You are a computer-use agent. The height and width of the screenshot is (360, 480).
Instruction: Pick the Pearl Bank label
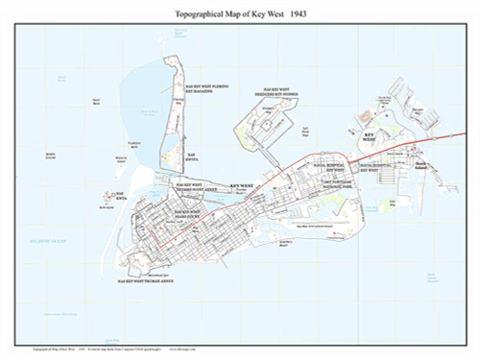tap(96, 100)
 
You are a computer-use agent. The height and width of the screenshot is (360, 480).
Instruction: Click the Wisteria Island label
tap(121, 158)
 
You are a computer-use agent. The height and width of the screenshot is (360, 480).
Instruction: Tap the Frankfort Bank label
tap(133, 143)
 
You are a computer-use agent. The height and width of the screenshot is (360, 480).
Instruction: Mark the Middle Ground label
tap(51, 154)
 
